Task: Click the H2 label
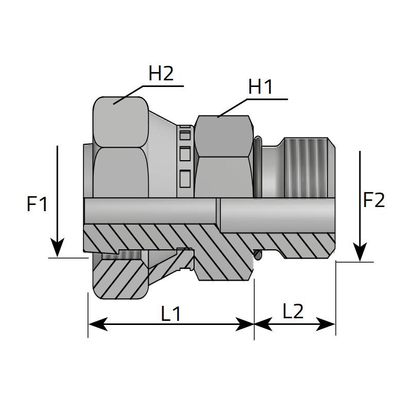click(x=161, y=74)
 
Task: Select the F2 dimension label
click(x=374, y=200)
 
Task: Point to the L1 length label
click(x=171, y=314)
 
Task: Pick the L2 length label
click(x=293, y=311)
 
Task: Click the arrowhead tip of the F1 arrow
click(x=58, y=255)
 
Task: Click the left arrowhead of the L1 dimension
click(x=90, y=324)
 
